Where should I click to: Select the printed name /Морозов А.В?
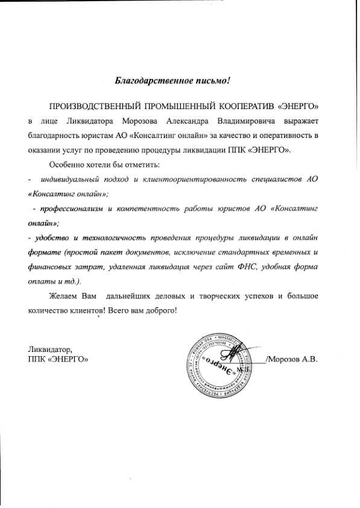(x=292, y=360)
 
